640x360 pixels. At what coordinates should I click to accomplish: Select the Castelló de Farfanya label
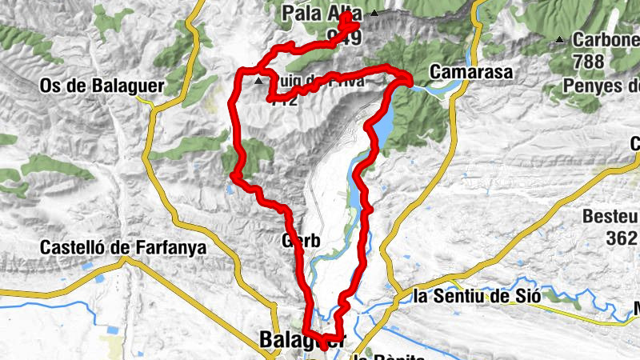(x=122, y=248)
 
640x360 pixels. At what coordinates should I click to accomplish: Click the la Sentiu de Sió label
(x=477, y=296)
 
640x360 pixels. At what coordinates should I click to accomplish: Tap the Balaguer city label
(x=301, y=339)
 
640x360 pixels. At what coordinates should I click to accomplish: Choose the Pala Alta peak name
(x=322, y=14)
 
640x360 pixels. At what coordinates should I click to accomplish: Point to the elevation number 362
(x=621, y=237)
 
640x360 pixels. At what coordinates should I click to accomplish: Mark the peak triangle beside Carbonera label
(x=559, y=40)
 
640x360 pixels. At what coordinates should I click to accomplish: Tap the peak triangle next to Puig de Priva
(x=258, y=81)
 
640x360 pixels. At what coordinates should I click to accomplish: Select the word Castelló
(x=71, y=248)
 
